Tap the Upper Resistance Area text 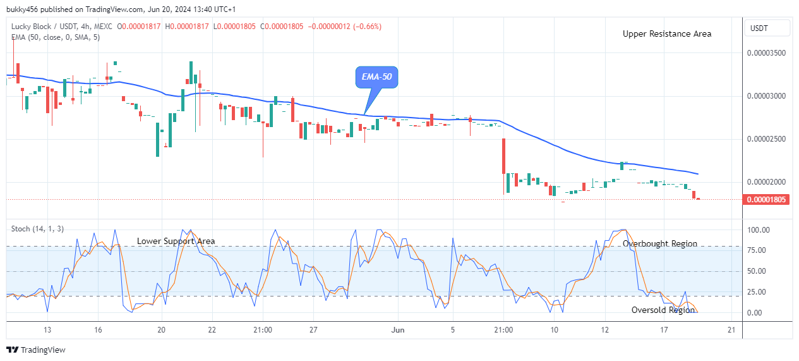pyautogui.click(x=666, y=34)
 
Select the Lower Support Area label pyautogui.click(x=176, y=241)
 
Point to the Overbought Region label pyautogui.click(x=659, y=243)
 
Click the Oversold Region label pyautogui.click(x=663, y=310)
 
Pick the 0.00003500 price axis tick pyautogui.click(x=767, y=53)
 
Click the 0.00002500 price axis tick pyautogui.click(x=767, y=139)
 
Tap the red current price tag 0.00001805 pyautogui.click(x=767, y=200)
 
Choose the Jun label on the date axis pyautogui.click(x=398, y=329)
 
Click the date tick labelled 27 pyautogui.click(x=313, y=329)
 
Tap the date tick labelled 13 pyautogui.click(x=47, y=329)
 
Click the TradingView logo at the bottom pyautogui.click(x=36, y=350)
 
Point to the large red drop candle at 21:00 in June pyautogui.click(x=504, y=156)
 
